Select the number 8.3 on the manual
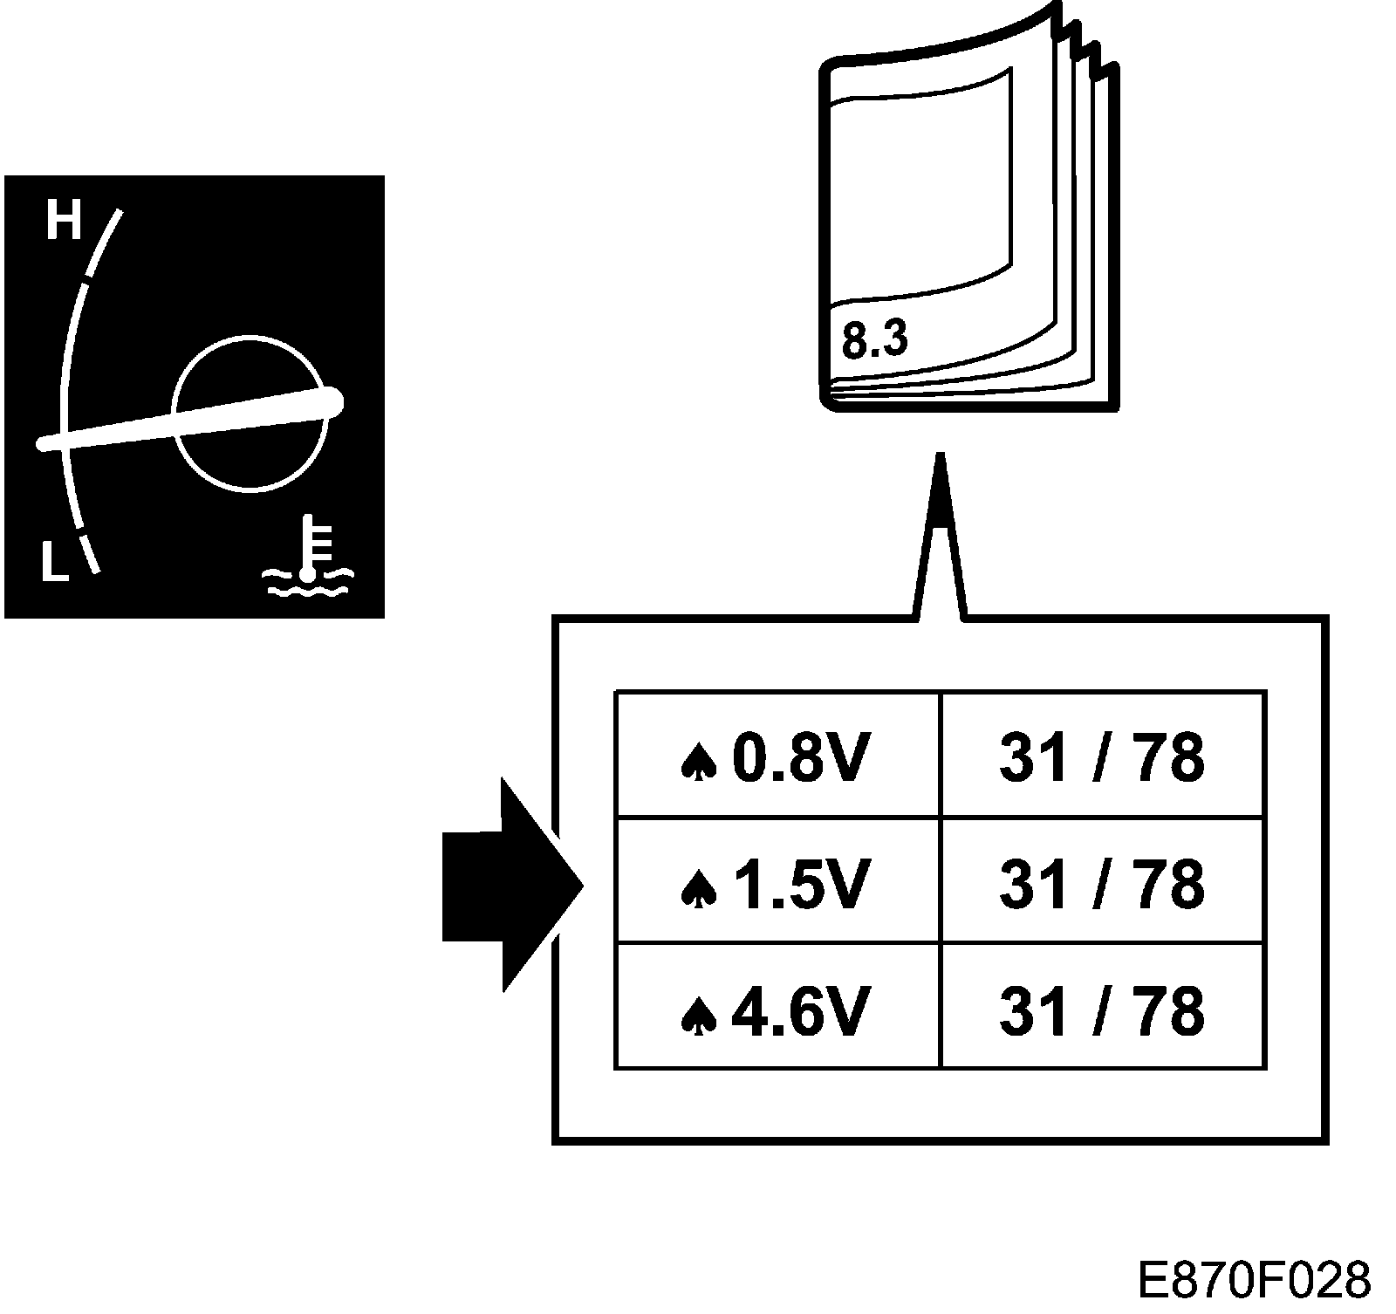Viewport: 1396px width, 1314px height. [874, 339]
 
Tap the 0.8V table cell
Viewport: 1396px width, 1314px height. [777, 756]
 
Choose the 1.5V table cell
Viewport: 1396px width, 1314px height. [777, 882]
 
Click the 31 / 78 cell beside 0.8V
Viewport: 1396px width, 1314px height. [1102, 756]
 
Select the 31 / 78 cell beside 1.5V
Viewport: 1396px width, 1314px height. [1102, 882]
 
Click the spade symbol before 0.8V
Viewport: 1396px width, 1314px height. [699, 762]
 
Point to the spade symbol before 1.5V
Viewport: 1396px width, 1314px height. [699, 888]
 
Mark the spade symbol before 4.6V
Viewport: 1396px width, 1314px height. [699, 1015]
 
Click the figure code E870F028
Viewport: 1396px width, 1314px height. [1255, 1279]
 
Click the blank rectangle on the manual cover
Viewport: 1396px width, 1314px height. [920, 188]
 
